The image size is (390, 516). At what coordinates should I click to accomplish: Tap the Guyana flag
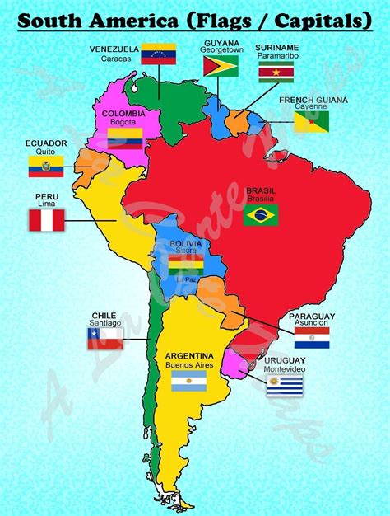point(221,66)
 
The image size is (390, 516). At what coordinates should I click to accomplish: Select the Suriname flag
point(276,73)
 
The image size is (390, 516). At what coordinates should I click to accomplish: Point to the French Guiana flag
point(311,122)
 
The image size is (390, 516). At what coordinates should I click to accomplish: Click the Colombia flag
point(125,137)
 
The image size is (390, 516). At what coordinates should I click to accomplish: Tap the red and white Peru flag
point(47,220)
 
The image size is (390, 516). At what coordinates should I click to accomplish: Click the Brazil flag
point(261,215)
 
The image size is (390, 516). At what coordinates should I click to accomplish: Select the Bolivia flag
point(185,265)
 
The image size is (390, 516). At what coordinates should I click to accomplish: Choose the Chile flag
point(104,338)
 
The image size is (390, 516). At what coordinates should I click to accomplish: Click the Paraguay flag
point(312,337)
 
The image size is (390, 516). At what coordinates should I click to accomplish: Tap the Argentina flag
point(188,381)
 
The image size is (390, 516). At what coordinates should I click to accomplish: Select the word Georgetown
point(221,49)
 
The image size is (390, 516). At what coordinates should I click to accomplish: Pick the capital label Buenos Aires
point(188,364)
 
